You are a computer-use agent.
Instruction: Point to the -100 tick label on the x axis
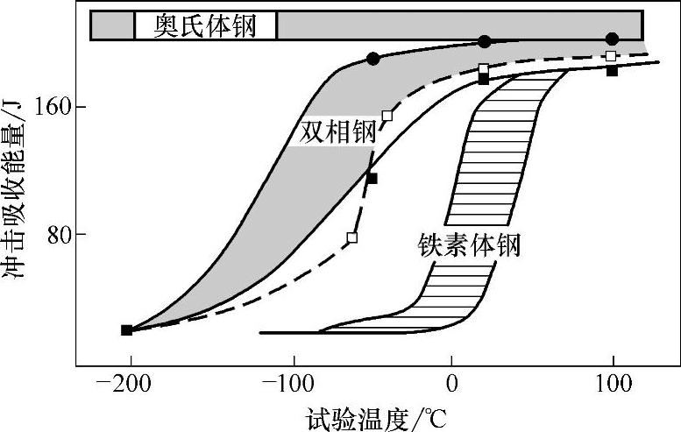(291, 383)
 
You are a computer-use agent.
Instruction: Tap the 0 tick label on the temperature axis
(451, 383)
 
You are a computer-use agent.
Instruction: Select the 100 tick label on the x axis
(613, 383)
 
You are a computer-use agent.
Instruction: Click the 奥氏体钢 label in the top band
(205, 25)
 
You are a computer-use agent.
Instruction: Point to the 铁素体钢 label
(469, 244)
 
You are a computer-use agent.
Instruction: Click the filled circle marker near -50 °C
(373, 59)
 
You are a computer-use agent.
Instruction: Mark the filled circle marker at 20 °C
(484, 41)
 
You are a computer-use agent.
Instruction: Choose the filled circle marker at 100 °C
(612, 39)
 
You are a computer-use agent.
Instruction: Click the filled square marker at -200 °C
(127, 330)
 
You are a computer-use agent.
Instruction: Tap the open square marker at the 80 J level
(352, 237)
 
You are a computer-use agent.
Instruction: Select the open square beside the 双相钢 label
(387, 116)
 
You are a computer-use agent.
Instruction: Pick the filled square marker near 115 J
(372, 179)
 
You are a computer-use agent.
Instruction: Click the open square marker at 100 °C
(611, 56)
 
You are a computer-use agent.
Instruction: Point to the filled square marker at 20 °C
(484, 79)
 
